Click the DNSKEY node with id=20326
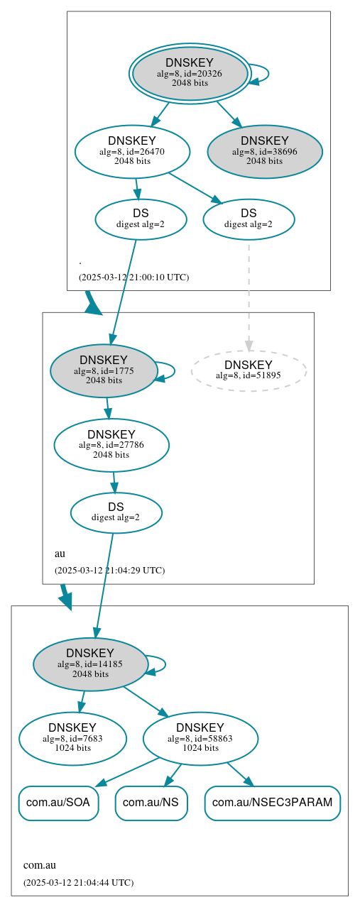coord(190,73)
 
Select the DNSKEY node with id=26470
coord(132,151)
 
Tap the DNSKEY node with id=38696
coord(265,151)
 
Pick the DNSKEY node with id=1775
coord(104,370)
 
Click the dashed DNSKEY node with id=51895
coord(249,370)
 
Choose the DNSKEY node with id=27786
coord(111,445)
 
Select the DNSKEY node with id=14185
coord(90,664)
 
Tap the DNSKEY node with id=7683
coord(72,738)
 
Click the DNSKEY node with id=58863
coord(200,738)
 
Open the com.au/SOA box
coord(58,803)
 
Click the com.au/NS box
coord(151,803)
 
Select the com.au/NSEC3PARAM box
coord(273,803)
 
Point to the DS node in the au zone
coord(116,512)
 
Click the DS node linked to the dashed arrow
coord(249,219)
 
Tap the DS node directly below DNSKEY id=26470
coord(141,219)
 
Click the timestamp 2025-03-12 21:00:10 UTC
coord(133,277)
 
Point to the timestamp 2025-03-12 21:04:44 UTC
coord(78,883)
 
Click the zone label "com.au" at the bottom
coord(40,865)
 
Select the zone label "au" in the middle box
coord(60,553)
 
